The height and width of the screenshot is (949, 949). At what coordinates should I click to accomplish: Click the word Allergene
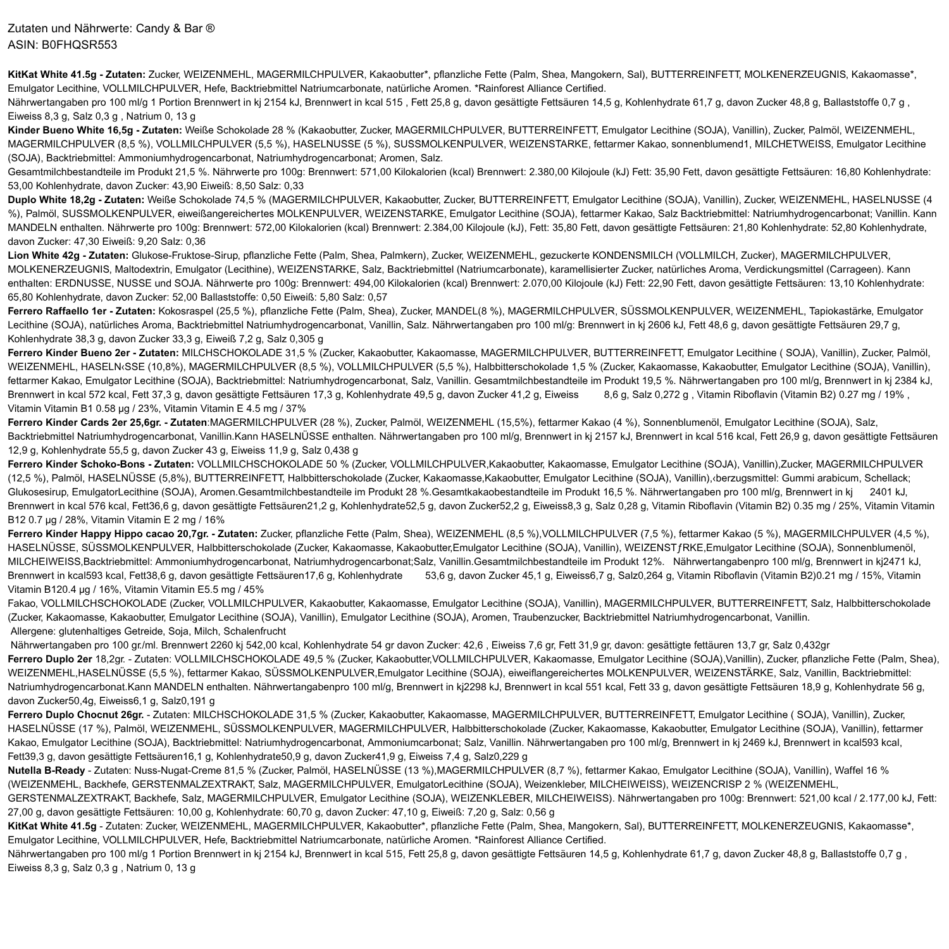coord(32,631)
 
